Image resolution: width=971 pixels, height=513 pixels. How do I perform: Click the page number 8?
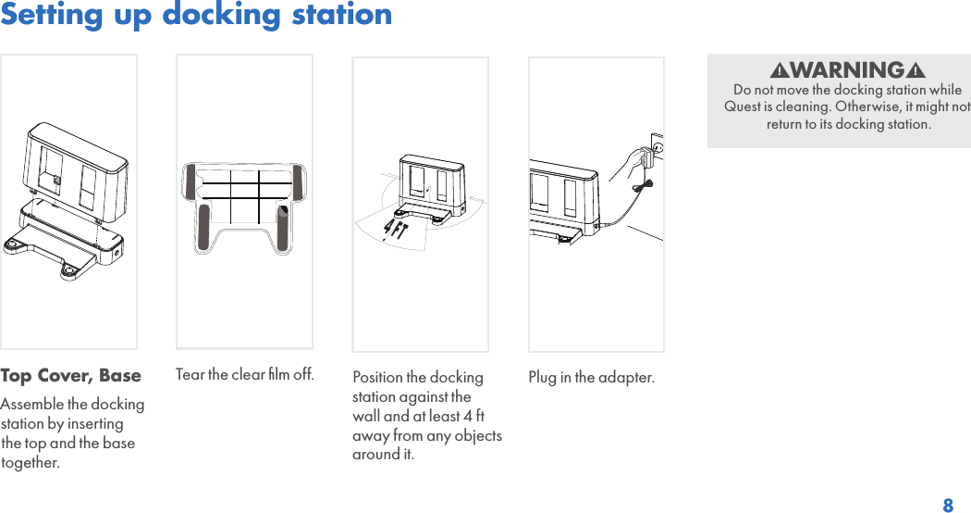click(948, 506)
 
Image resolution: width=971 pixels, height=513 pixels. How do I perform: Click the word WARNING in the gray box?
click(847, 70)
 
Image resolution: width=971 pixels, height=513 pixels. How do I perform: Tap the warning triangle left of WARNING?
click(780, 71)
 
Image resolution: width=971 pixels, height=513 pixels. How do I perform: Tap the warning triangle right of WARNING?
click(916, 71)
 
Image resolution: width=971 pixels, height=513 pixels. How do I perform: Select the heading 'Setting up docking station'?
click(196, 15)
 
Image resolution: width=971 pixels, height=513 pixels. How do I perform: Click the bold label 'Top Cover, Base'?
click(71, 376)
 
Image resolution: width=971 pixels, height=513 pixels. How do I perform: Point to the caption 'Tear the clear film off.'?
click(244, 374)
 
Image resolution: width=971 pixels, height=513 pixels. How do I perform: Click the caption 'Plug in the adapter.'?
click(591, 377)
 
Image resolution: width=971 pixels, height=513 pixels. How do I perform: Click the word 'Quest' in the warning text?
click(743, 106)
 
